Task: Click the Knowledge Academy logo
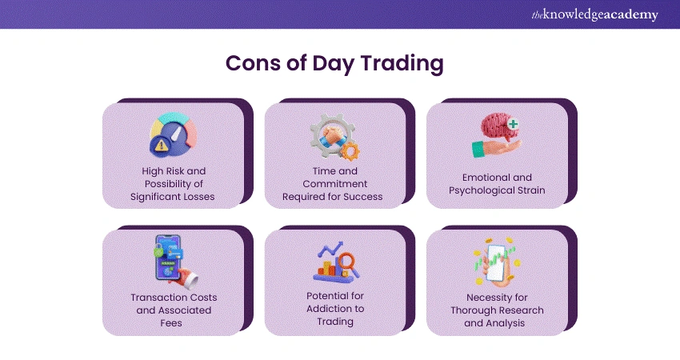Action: click(x=595, y=14)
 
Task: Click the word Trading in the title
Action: click(x=402, y=64)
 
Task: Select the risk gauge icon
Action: click(x=174, y=134)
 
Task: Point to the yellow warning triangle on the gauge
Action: click(x=161, y=145)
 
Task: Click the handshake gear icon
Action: click(x=334, y=137)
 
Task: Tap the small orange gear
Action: click(x=350, y=151)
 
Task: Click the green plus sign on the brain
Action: click(x=513, y=124)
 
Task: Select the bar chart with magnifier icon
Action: click(x=336, y=262)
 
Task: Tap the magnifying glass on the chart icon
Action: click(x=348, y=264)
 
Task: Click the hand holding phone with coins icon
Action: click(x=497, y=262)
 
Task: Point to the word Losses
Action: click(x=198, y=197)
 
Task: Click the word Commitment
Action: click(x=334, y=184)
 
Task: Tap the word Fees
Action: click(x=171, y=323)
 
